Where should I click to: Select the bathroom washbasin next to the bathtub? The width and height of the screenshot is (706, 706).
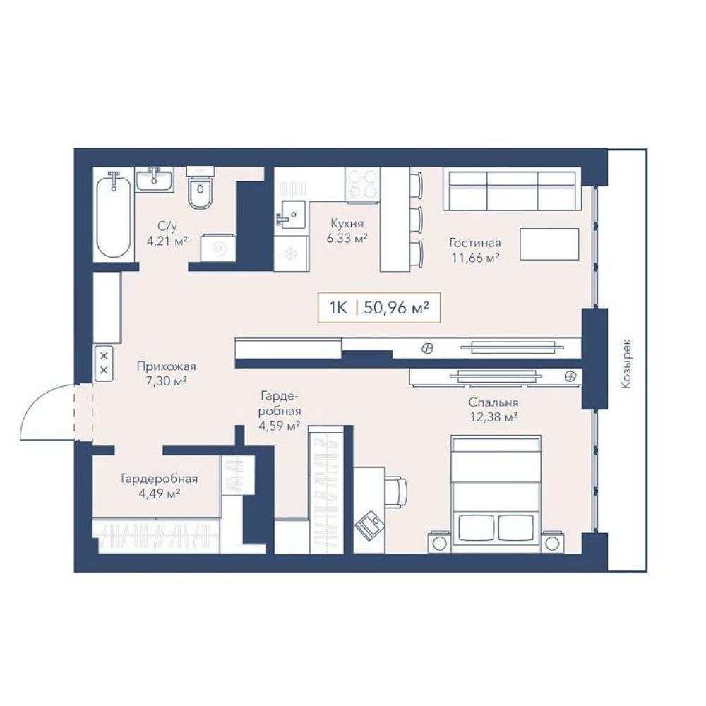click(155, 179)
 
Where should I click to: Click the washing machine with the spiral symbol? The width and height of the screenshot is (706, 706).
click(218, 248)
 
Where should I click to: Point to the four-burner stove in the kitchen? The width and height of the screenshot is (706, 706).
click(362, 184)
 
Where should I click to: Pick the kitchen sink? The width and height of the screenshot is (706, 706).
click(291, 215)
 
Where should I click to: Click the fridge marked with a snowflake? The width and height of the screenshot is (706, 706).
click(290, 253)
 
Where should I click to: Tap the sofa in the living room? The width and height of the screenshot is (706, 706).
click(510, 189)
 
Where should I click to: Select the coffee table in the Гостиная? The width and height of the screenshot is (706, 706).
click(549, 244)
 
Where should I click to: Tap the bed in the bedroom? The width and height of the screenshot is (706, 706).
click(496, 493)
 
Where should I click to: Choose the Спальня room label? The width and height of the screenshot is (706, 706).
click(493, 402)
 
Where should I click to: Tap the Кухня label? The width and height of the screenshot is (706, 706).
click(347, 223)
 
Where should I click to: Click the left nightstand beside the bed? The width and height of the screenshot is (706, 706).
click(439, 543)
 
